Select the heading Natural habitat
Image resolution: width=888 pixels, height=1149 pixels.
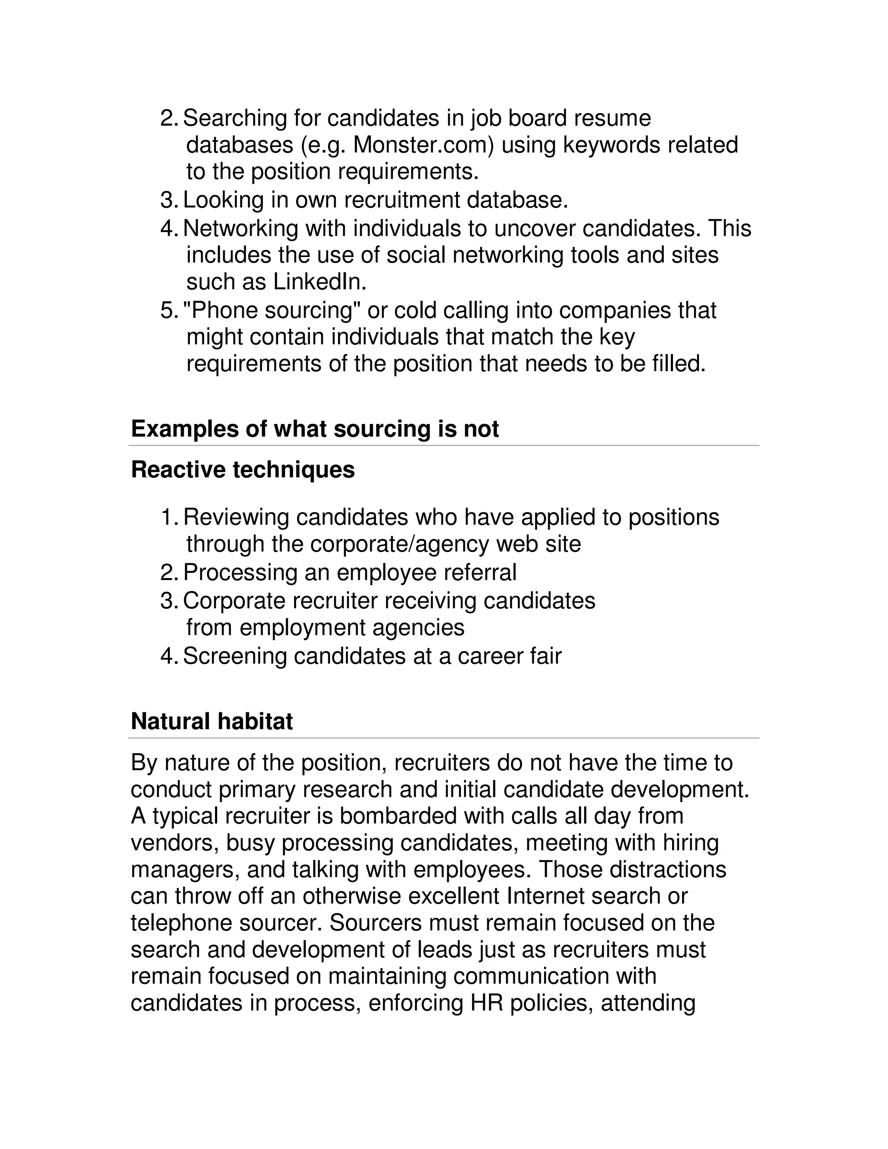(212, 721)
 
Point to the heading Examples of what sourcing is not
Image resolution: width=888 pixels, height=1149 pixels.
(315, 429)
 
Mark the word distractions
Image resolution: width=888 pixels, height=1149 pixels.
(668, 869)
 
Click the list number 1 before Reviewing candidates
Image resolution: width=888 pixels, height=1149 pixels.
(167, 517)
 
